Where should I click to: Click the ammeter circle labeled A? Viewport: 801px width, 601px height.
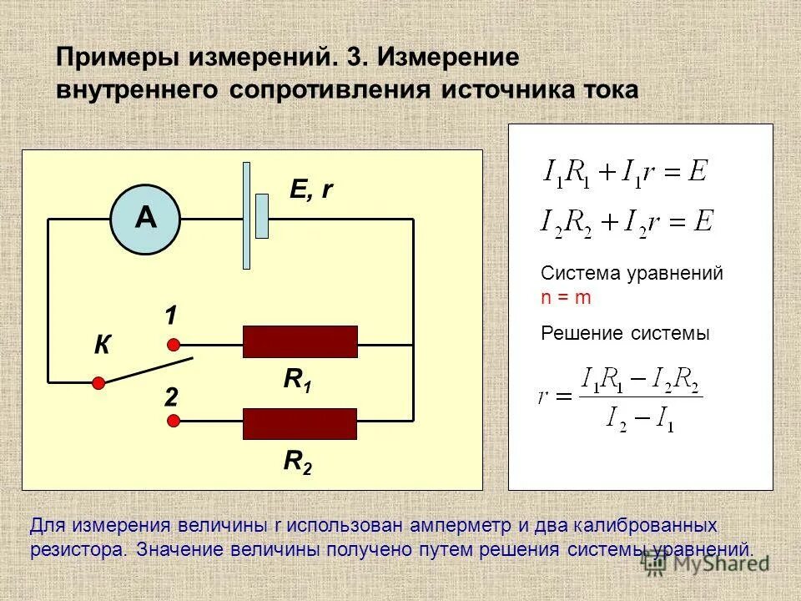coord(146,219)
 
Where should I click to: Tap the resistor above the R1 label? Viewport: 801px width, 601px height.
coord(300,342)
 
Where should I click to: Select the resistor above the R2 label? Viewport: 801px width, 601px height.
coord(300,424)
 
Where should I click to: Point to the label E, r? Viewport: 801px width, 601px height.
coord(311,190)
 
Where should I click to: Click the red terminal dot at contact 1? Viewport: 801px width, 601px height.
coord(174,344)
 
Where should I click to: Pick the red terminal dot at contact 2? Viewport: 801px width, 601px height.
coord(174,422)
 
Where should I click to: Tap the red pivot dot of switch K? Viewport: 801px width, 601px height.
coord(98,382)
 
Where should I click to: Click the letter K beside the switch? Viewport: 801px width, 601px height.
coord(103,346)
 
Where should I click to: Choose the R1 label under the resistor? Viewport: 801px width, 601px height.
coord(296,381)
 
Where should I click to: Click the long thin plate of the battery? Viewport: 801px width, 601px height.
coord(246,215)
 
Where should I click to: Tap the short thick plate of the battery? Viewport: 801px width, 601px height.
coord(262,216)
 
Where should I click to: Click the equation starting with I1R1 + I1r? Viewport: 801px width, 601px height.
coord(625,173)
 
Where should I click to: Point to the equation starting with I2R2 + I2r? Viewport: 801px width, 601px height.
coord(627,223)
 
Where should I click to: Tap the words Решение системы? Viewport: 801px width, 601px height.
coord(625,334)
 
